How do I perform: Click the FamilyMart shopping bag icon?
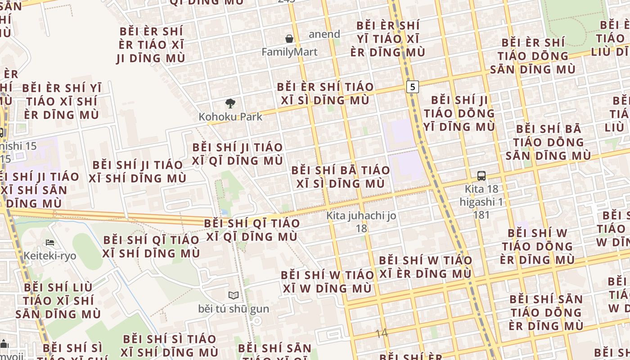click(x=289, y=39)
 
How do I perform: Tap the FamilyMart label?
click(x=289, y=52)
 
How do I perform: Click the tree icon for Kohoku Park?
click(x=230, y=103)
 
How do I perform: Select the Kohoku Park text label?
click(x=230, y=117)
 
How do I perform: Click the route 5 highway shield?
click(x=412, y=86)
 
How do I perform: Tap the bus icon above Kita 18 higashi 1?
click(x=481, y=176)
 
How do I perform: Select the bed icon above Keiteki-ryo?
click(x=50, y=243)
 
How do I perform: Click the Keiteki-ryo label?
click(x=50, y=256)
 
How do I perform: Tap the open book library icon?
click(x=233, y=296)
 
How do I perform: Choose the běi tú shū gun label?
click(x=234, y=309)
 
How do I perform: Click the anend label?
click(x=324, y=34)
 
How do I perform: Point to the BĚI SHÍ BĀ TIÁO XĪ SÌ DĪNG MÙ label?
click(x=341, y=177)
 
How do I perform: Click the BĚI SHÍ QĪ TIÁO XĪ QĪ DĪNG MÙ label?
click(x=252, y=230)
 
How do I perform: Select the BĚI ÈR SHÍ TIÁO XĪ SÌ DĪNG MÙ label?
click(x=325, y=94)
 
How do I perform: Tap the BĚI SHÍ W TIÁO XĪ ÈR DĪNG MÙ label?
click(x=426, y=267)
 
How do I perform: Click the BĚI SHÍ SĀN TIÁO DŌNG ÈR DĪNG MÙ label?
click(x=546, y=312)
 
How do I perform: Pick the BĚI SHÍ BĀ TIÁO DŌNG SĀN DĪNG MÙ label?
click(x=549, y=142)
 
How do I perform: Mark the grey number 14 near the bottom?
click(x=381, y=333)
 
